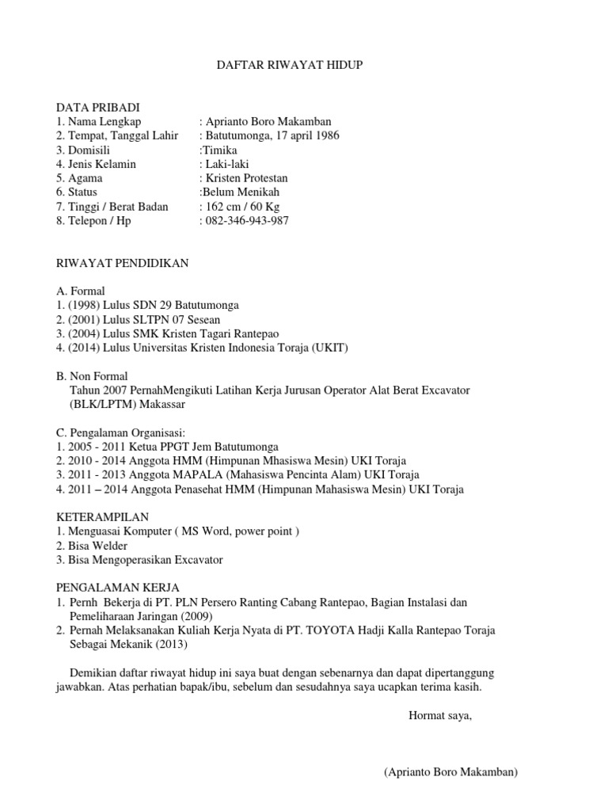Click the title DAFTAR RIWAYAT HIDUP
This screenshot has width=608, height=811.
(x=290, y=65)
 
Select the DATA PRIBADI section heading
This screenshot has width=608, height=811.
(x=97, y=107)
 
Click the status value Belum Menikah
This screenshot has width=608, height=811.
(x=241, y=192)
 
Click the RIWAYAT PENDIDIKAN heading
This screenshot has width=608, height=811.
(x=122, y=263)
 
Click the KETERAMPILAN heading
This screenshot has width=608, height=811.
(x=102, y=516)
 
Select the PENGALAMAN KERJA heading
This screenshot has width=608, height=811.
(x=118, y=588)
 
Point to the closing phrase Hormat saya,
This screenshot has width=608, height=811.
(x=440, y=716)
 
